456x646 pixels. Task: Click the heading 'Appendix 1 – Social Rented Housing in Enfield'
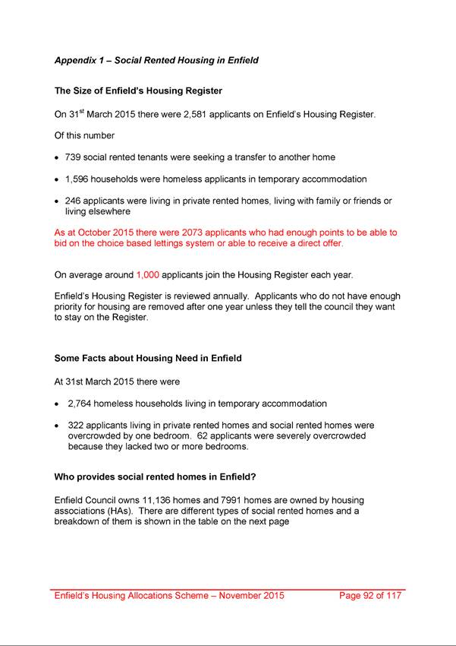(x=156, y=60)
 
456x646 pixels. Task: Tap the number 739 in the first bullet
(x=74, y=157)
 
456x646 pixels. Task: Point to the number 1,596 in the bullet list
(x=78, y=179)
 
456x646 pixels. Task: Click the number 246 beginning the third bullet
(x=74, y=201)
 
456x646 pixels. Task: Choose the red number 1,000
(x=147, y=274)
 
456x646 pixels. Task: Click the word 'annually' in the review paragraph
(x=216, y=296)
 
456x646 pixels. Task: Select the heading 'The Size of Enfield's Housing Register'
(x=138, y=91)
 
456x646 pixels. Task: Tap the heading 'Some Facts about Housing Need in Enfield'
(x=148, y=358)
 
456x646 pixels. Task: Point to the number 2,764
(x=81, y=404)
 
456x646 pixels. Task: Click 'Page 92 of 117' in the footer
(x=370, y=596)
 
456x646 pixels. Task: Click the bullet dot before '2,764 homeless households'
(x=58, y=404)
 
